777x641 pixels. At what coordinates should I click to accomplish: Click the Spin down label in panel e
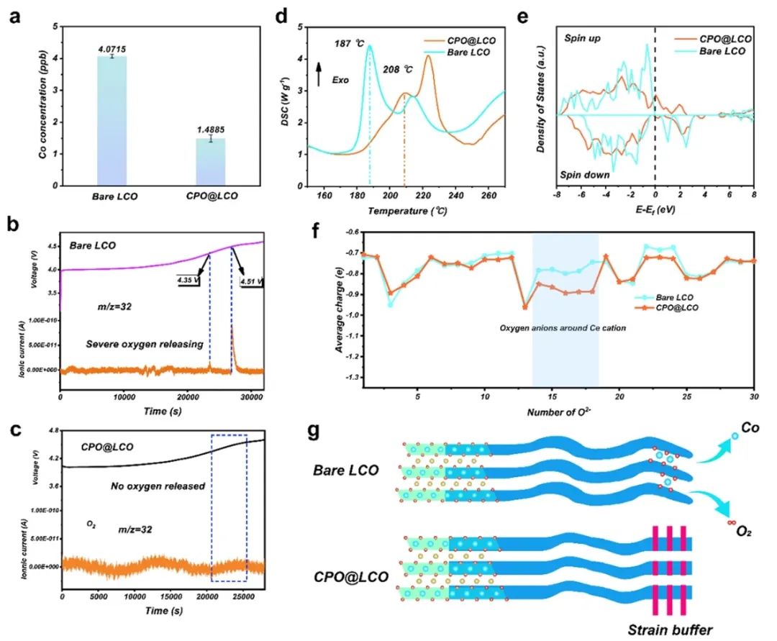coord(584,175)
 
